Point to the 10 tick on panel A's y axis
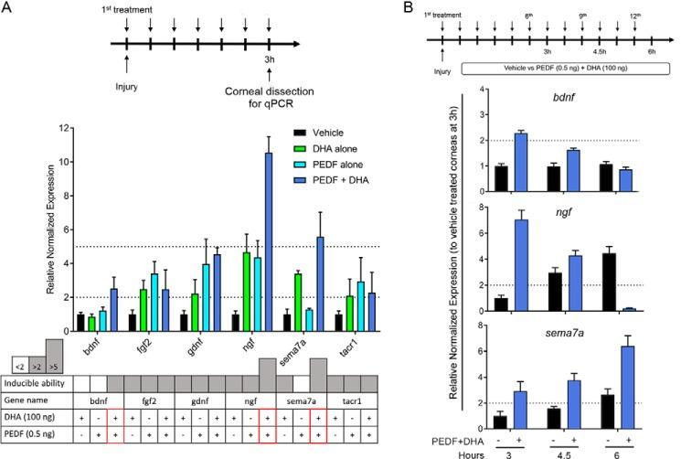[x=63, y=162]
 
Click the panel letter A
[x=9, y=9]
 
